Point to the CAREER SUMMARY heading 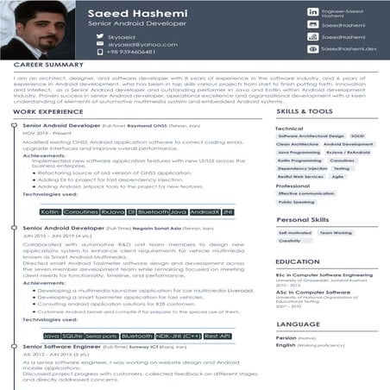pyautogui.click(x=48, y=66)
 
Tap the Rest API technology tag pyautogui.click(x=217, y=336)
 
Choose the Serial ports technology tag pyautogui.click(x=103, y=336)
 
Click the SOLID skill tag pyautogui.click(x=358, y=136)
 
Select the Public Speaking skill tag pyautogui.click(x=296, y=203)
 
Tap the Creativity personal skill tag pyautogui.click(x=290, y=242)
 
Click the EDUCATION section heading pyautogui.click(x=298, y=261)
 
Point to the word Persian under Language pyautogui.click(x=286, y=337)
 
